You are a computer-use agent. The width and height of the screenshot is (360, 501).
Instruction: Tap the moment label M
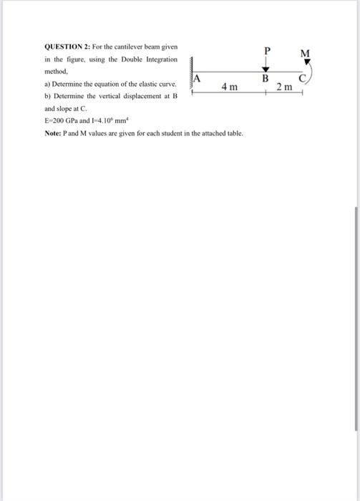pos(306,53)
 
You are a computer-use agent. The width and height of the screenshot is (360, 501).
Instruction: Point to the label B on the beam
pos(264,78)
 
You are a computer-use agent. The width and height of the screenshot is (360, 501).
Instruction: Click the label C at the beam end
pos(304,78)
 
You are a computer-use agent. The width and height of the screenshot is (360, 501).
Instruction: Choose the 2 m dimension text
pos(284,87)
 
